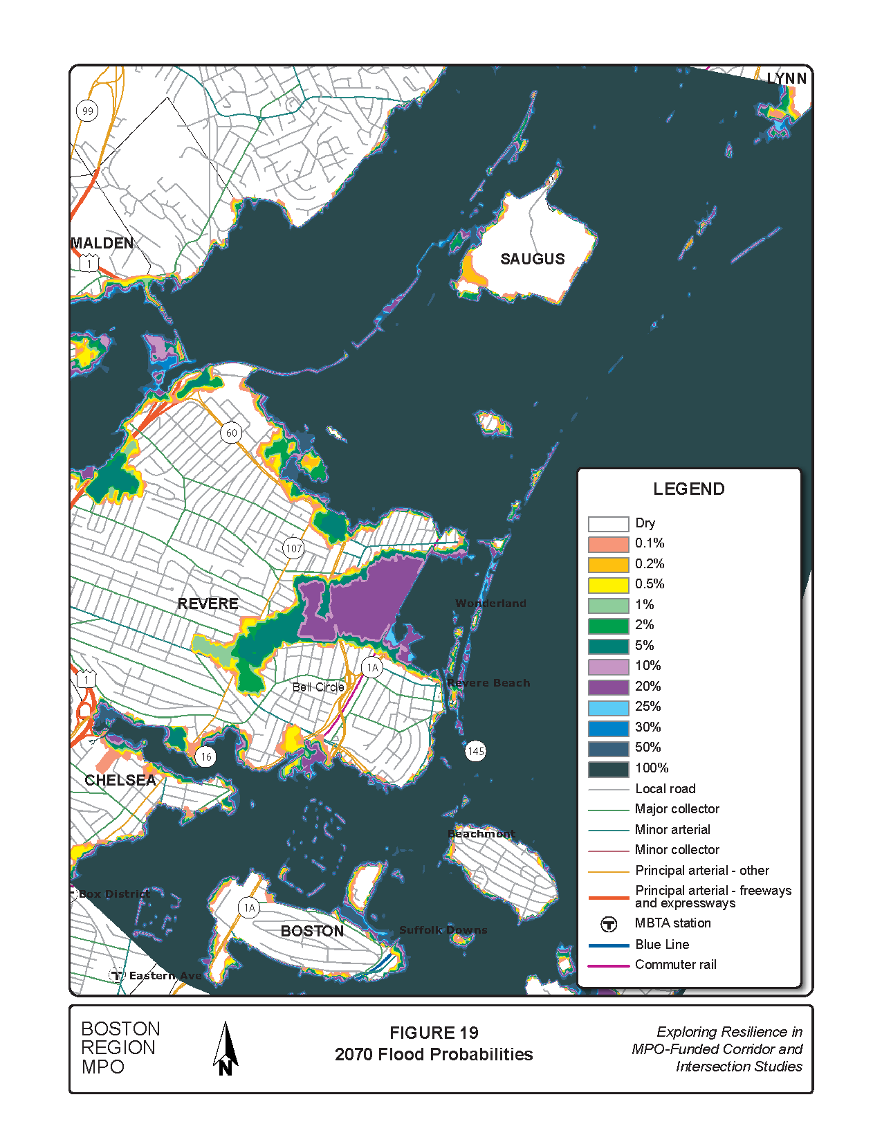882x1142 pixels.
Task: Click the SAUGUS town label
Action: (532, 259)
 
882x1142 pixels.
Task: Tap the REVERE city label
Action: (208, 604)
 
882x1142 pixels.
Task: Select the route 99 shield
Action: (87, 111)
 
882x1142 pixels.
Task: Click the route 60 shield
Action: (231, 433)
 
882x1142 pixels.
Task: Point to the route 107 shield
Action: (293, 548)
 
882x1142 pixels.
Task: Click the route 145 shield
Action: (476, 751)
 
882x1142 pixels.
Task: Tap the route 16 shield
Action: (205, 756)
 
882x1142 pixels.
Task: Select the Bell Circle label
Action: (318, 687)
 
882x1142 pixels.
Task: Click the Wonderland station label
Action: (490, 604)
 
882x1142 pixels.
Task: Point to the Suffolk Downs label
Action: (443, 930)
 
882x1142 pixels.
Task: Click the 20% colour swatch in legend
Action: (608, 687)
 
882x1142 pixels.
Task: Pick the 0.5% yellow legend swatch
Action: (608, 585)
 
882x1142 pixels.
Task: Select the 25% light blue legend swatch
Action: (608, 707)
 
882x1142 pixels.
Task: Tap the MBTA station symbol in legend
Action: (608, 924)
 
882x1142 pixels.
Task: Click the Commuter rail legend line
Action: (608, 966)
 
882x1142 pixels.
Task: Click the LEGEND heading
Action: (688, 489)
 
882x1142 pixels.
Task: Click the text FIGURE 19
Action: (434, 1033)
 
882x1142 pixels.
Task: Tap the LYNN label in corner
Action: (787, 79)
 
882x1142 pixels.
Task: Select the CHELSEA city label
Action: (120, 780)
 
